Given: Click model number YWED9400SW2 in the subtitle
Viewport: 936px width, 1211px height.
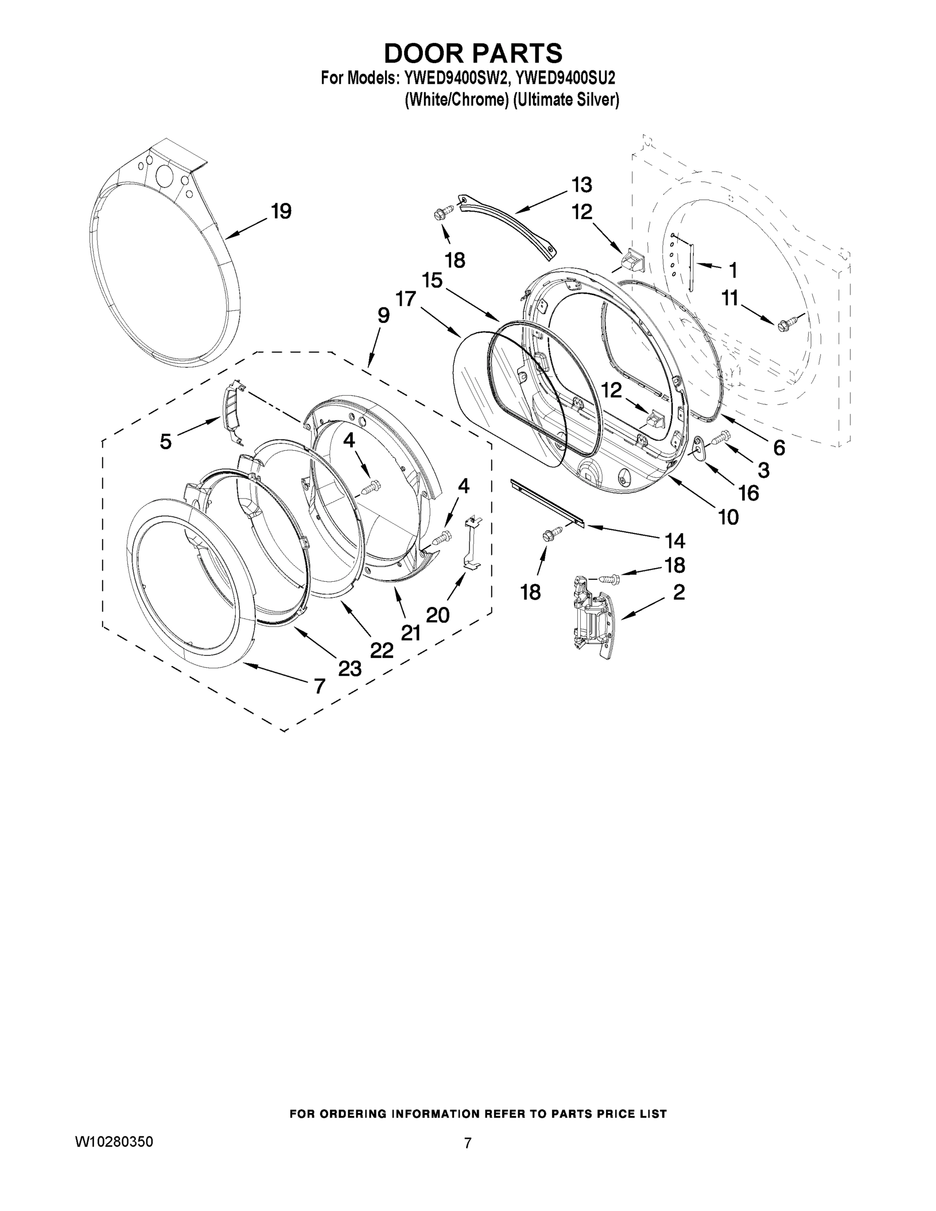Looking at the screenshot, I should [x=452, y=78].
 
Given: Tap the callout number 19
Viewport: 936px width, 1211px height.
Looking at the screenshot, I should [x=281, y=211].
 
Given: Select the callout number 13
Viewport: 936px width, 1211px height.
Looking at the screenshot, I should [x=582, y=184].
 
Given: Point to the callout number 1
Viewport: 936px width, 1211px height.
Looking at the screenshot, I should [x=733, y=271].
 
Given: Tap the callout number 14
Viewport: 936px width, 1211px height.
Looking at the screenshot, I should [x=674, y=540].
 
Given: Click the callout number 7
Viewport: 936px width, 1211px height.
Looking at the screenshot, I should [x=319, y=686].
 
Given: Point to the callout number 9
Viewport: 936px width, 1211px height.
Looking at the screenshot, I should [x=383, y=315].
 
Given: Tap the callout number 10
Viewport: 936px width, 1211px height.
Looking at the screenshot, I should [x=728, y=517].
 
